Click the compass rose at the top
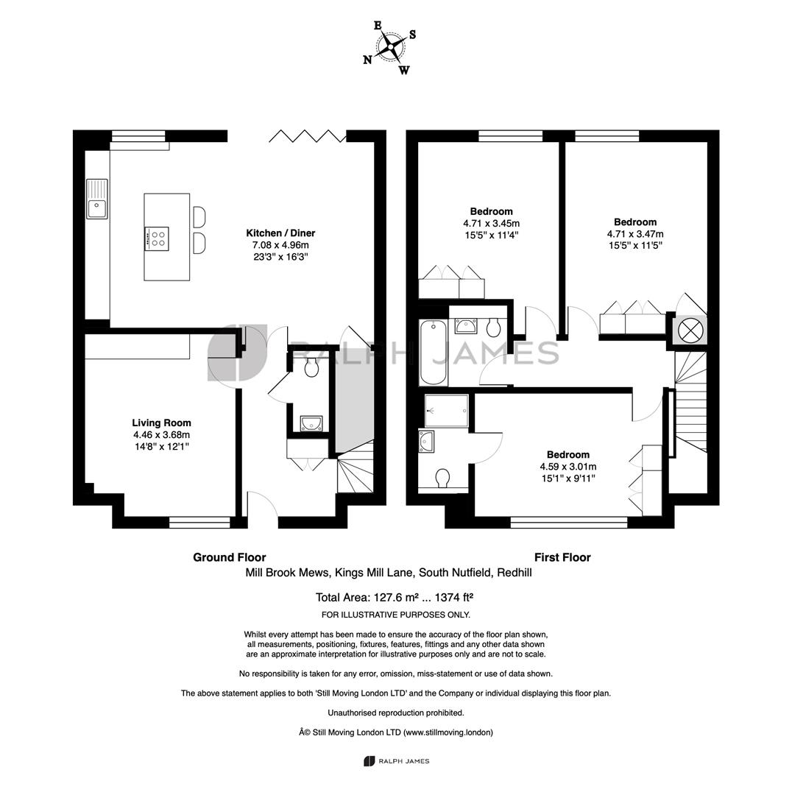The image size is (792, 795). coord(390,46)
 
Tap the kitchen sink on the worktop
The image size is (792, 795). coord(97,199)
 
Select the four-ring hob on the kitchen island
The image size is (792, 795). coord(157,239)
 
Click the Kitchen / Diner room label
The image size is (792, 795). coord(280,233)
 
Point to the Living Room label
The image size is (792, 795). coord(161,423)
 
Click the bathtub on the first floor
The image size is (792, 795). coord(434,352)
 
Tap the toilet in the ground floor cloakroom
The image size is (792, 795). coord(311,366)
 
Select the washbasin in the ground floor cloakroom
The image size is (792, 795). coord(311,423)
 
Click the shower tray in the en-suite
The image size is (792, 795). coord(446,411)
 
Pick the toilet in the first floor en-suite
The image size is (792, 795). coord(442,478)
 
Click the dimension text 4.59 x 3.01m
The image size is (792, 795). coord(568,467)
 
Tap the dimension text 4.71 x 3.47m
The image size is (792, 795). coord(635,234)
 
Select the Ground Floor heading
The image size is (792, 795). coord(229,558)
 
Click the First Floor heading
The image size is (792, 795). coord(562,558)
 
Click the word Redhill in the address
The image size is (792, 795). coord(515,573)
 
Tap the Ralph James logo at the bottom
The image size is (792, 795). coord(396,761)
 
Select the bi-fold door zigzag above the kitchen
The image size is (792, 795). coord(307,135)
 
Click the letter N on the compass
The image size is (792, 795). coord(367,60)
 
